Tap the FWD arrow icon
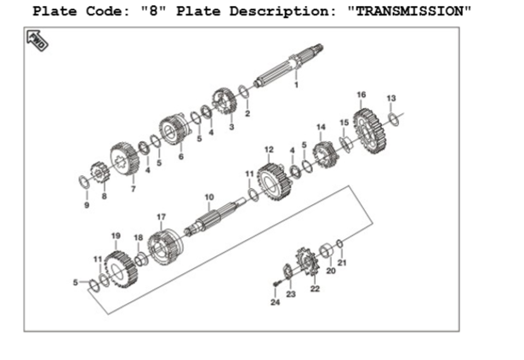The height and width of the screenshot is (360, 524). click(x=37, y=40)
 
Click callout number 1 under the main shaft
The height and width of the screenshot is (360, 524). click(x=296, y=84)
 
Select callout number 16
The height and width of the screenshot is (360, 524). click(x=361, y=94)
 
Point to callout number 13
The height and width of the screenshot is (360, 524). click(x=391, y=98)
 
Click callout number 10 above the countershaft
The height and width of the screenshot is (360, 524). click(x=208, y=197)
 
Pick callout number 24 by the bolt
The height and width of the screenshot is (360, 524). click(x=275, y=302)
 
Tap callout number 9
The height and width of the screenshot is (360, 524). click(x=86, y=204)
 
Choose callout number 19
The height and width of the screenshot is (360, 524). click(x=116, y=235)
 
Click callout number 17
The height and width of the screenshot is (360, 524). click(x=161, y=216)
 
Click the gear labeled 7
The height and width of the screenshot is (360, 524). click(x=123, y=160)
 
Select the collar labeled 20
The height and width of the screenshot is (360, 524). click(x=325, y=252)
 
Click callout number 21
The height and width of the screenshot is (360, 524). click(x=343, y=263)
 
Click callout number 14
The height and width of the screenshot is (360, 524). click(x=321, y=127)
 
